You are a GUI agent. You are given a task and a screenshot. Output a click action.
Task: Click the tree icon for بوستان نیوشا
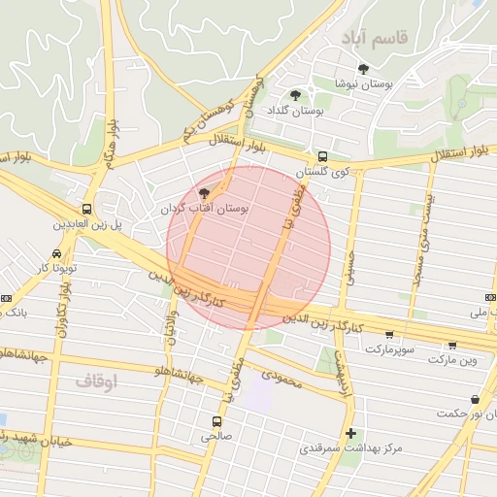(x=363, y=69)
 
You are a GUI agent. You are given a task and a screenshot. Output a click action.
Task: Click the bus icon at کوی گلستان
(x=322, y=155)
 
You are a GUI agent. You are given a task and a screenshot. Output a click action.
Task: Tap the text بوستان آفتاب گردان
(x=204, y=209)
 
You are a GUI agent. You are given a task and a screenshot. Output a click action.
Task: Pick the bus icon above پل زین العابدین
(x=87, y=209)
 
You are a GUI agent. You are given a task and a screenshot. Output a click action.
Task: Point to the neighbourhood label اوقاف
(x=95, y=381)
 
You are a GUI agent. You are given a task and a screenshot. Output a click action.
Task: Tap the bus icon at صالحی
(x=216, y=421)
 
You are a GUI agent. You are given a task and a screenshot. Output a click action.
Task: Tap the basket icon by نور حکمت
(x=475, y=399)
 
